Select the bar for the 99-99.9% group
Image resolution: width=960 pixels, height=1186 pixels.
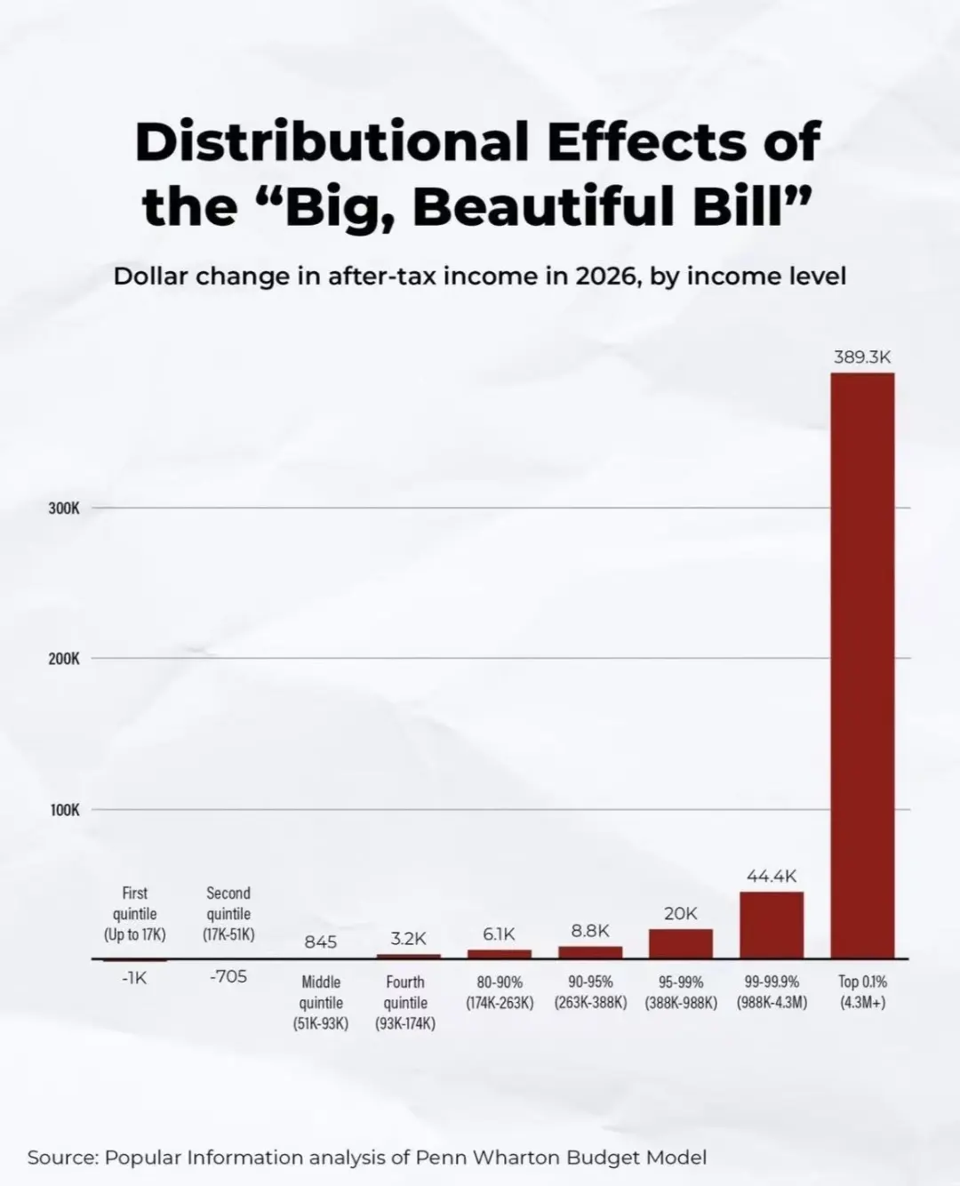point(772,925)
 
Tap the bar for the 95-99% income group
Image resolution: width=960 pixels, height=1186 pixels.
point(681,943)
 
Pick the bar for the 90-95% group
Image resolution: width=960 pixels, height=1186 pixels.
point(590,952)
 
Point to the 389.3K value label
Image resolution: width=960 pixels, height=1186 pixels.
point(862,357)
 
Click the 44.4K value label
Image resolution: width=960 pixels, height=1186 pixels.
point(772,877)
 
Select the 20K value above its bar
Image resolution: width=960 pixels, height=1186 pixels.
point(681,914)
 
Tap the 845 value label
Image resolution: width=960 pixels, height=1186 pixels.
point(321,942)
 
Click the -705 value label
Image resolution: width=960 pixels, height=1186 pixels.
point(228,977)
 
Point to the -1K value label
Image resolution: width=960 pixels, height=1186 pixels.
point(134,978)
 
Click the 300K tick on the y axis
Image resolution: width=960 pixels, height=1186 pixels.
point(64,509)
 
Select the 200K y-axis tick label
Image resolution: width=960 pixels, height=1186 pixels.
point(64,659)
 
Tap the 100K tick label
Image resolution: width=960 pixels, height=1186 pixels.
point(64,810)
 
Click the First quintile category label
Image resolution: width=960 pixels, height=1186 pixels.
point(135,914)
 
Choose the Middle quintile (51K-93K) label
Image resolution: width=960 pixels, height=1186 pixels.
point(321,1003)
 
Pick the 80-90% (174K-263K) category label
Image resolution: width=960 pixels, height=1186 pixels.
point(500,992)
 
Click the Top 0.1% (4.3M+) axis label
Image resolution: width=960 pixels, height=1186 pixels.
point(862,992)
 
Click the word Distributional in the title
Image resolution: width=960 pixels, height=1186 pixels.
point(331,142)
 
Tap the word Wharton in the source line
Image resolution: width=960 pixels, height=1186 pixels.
point(516,1158)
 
